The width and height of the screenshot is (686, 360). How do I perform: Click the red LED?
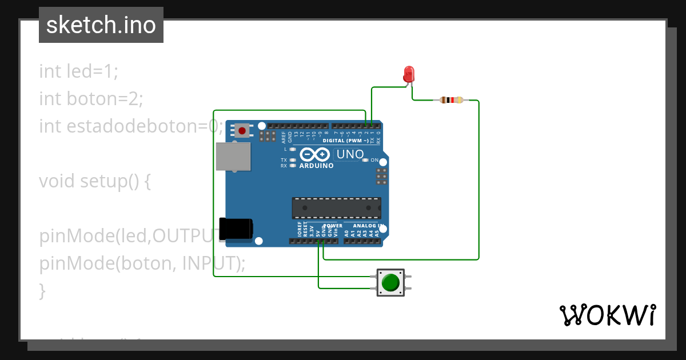click(x=409, y=74)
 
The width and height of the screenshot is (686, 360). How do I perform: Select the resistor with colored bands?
click(x=452, y=101)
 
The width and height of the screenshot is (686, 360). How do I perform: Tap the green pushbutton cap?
click(x=390, y=283)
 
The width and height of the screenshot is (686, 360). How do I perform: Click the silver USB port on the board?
click(x=233, y=156)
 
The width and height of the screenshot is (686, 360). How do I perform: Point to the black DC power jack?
click(x=236, y=229)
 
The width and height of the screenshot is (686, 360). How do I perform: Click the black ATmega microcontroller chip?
click(x=336, y=208)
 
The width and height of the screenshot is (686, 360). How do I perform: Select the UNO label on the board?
click(x=349, y=154)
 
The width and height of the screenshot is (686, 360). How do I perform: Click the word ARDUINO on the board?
click(x=316, y=166)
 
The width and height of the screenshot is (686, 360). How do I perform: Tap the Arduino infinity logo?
click(x=315, y=154)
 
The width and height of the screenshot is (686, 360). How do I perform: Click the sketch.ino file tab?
click(x=101, y=25)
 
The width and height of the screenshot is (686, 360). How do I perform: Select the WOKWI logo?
click(x=607, y=315)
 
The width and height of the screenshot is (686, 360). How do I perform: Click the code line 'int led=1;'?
click(x=78, y=71)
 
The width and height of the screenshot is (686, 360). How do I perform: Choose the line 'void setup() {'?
click(x=94, y=181)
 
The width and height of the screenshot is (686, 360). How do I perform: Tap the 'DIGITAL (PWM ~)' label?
click(x=345, y=140)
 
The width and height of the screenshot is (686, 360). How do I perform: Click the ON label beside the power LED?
click(x=375, y=161)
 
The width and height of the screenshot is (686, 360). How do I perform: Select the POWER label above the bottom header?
click(x=333, y=226)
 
